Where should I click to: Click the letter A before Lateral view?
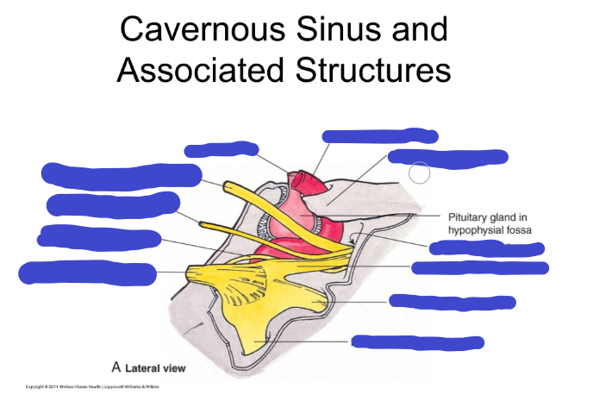115,367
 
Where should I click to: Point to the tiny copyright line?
92,386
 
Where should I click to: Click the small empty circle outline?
419,172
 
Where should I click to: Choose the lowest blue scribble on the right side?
417,342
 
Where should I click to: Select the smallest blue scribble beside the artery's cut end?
222,149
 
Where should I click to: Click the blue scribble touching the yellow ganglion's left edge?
87,273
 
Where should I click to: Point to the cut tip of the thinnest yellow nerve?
203,223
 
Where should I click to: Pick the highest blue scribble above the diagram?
379,135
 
